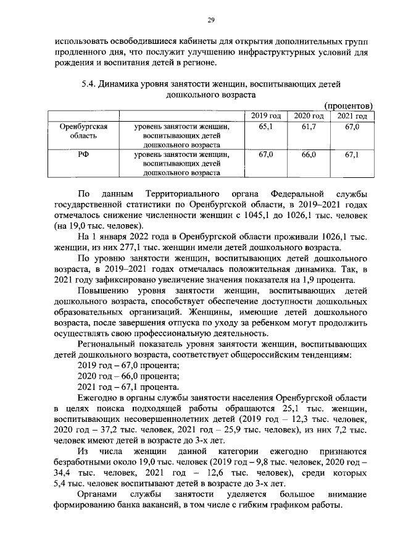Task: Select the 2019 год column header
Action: tap(266, 116)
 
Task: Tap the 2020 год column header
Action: tap(309, 116)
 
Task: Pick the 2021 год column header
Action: tap(352, 116)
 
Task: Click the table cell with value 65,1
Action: tap(266, 126)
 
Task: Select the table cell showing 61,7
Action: tap(309, 126)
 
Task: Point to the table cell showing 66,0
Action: tap(309, 154)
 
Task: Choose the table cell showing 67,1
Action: tap(352, 154)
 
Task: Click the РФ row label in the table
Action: tap(84, 154)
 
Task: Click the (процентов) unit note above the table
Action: tap(349, 106)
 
